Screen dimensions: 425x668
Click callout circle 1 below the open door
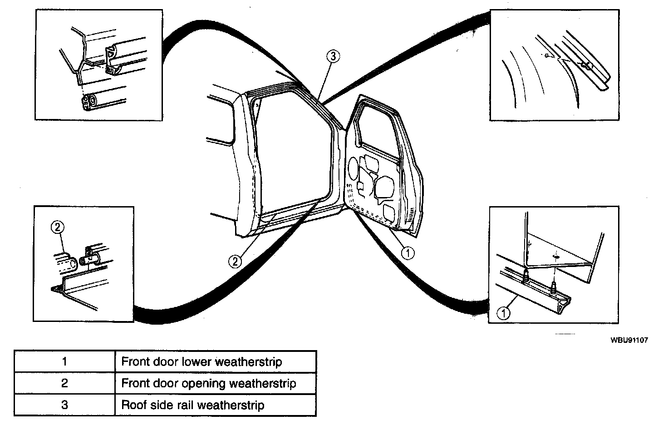408,253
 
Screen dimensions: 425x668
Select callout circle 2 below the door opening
235,261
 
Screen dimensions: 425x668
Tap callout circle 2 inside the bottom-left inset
58,227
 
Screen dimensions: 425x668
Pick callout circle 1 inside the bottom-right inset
503,312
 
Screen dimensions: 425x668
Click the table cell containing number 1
64,361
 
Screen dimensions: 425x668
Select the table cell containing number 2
64,383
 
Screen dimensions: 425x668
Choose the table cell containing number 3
64,405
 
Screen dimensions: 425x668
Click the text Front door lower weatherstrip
201,362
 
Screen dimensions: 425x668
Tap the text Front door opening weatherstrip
209,384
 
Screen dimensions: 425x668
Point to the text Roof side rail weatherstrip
192,405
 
